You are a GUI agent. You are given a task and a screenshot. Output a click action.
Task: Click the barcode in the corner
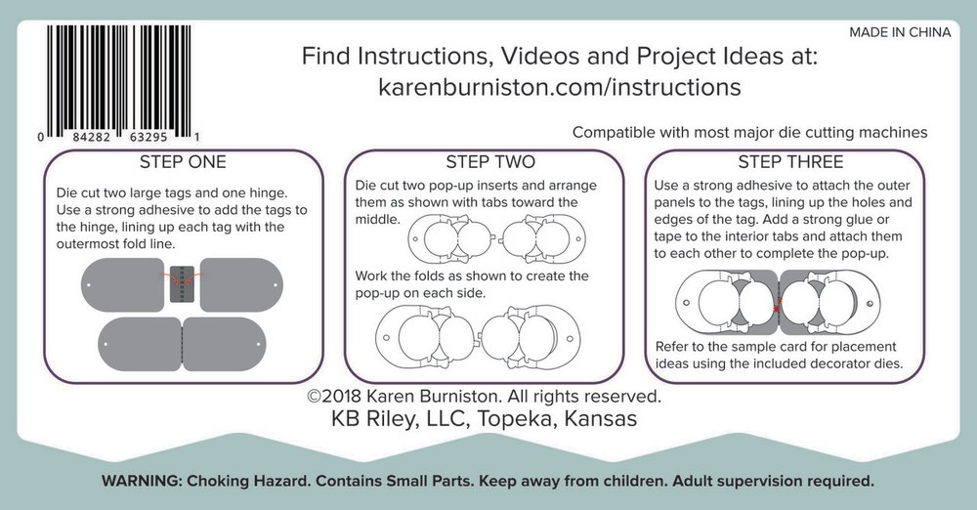pyautogui.click(x=118, y=82)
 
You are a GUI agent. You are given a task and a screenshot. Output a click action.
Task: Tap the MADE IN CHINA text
pyautogui.click(x=900, y=32)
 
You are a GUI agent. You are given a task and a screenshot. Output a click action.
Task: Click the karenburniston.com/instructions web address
pyautogui.click(x=560, y=87)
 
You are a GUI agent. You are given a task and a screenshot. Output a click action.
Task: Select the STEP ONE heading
pyautogui.click(x=183, y=162)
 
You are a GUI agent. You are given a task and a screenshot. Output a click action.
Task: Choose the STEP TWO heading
pyautogui.click(x=490, y=162)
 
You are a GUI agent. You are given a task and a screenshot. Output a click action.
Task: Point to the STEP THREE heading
pyautogui.click(x=790, y=162)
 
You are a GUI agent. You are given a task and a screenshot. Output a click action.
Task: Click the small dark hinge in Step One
pyautogui.click(x=182, y=284)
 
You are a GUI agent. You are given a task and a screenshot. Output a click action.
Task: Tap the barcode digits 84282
pyautogui.click(x=92, y=137)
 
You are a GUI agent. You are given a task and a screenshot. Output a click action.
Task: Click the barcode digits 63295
pyautogui.click(x=149, y=137)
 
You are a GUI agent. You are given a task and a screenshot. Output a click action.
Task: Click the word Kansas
pyautogui.click(x=601, y=418)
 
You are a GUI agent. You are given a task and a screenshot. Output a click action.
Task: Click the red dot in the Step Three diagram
pyautogui.click(x=777, y=309)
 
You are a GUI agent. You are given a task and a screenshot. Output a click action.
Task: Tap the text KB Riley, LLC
pyautogui.click(x=400, y=418)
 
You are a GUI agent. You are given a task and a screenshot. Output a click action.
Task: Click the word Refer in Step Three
pyautogui.click(x=672, y=347)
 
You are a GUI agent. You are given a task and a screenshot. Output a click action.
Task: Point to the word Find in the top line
pyautogui.click(x=326, y=56)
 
